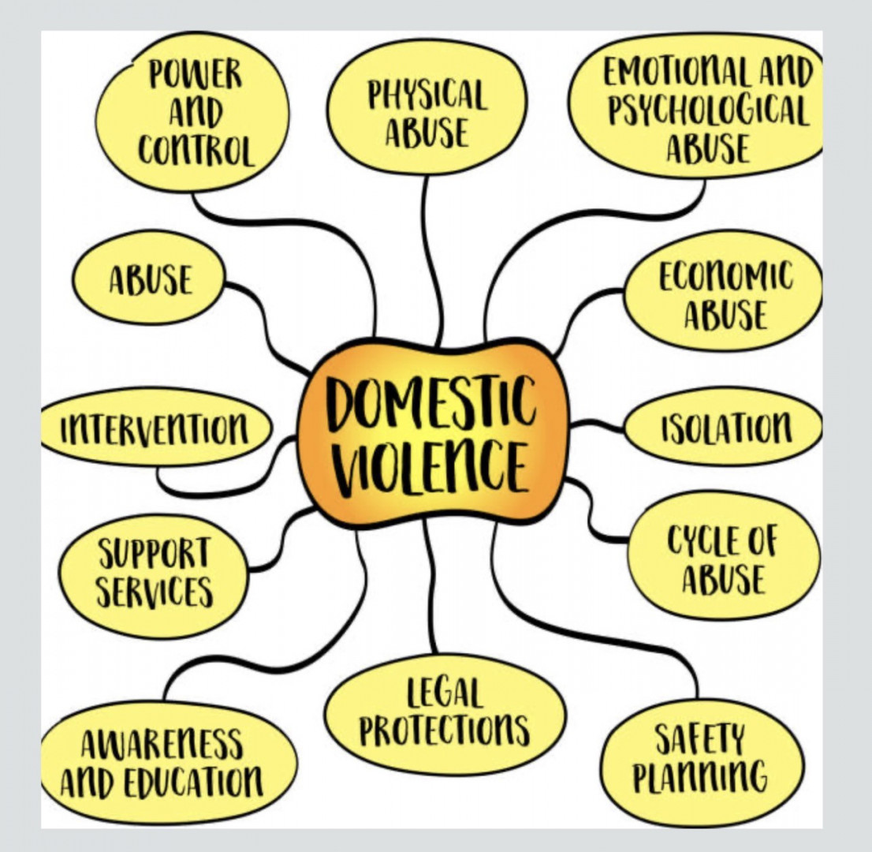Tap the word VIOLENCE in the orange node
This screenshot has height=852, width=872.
(431, 465)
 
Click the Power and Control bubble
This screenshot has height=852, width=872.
(192, 111)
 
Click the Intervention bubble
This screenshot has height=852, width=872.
(156, 428)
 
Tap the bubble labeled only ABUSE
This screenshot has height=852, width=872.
(149, 278)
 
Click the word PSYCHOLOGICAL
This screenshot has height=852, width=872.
(707, 111)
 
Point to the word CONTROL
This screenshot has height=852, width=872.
(196, 150)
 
